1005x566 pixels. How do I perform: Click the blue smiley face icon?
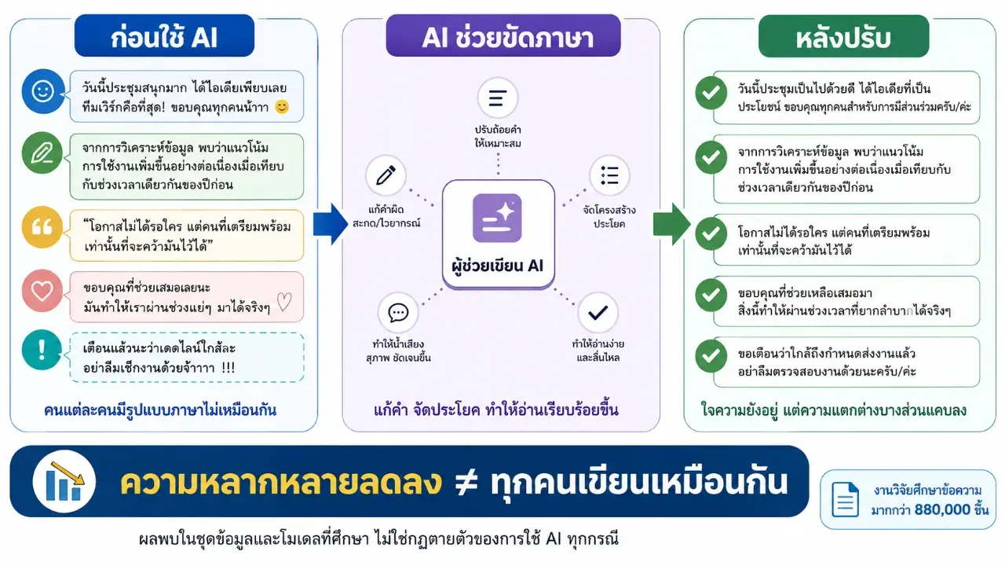43,91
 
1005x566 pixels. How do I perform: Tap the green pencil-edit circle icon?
42,153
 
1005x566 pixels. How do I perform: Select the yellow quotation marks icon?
42,227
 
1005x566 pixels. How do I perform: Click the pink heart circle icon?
42,291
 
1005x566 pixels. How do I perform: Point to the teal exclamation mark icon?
42,350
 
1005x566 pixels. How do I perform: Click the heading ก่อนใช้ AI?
164,36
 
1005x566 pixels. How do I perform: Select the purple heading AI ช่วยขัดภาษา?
503,36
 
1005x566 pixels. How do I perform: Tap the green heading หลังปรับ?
843,37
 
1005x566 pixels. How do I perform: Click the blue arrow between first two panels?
331,224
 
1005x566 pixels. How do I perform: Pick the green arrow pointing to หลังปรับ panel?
671,224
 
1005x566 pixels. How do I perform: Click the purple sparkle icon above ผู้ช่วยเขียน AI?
497,219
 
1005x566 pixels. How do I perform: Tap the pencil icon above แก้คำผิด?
386,175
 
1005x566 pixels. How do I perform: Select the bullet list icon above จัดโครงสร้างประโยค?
609,175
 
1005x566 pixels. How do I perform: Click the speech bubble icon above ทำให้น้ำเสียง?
398,313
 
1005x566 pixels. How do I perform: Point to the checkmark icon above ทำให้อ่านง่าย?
598,313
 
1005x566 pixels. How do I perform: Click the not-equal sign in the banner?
466,483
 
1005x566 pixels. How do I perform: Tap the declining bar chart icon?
64,482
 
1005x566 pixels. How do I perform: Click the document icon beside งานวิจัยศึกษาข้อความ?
845,499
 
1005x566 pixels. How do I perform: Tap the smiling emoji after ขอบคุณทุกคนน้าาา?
282,107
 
